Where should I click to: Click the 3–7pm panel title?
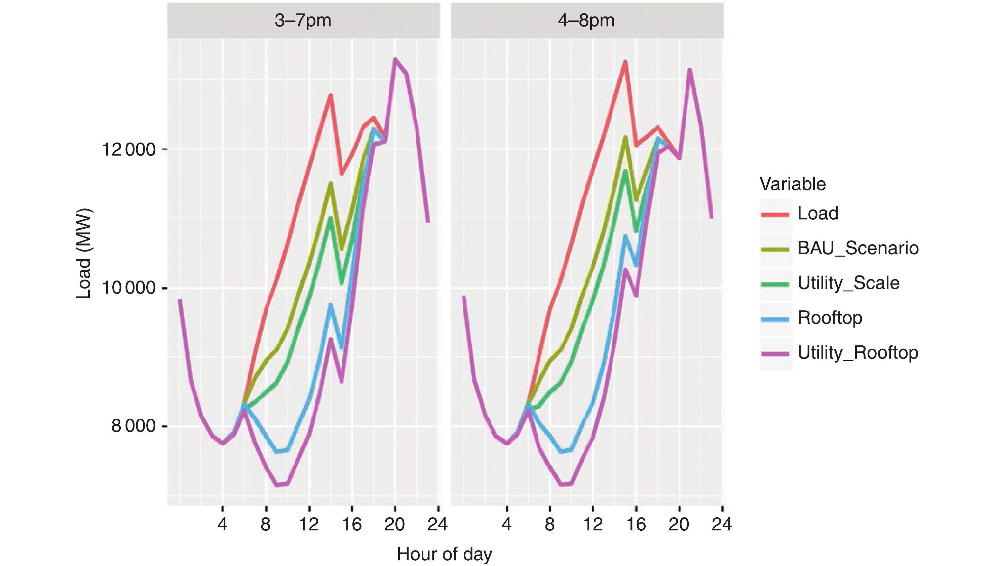303,21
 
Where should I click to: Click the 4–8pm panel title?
586,21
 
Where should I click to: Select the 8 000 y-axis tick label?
133,426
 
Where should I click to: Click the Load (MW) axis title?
83,254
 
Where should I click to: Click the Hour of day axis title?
444,554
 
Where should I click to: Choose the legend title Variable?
793,184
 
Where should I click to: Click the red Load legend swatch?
775,214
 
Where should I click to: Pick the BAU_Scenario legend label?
858,248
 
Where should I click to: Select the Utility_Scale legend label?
848,283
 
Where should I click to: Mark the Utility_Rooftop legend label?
858,352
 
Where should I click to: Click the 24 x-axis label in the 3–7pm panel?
437,525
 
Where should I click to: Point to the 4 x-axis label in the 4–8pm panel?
506,525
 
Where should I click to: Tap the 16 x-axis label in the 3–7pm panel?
352,525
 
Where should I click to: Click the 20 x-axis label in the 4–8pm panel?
679,525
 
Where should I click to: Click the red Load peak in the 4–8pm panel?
625,62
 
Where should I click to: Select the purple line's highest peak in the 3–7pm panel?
395,59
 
